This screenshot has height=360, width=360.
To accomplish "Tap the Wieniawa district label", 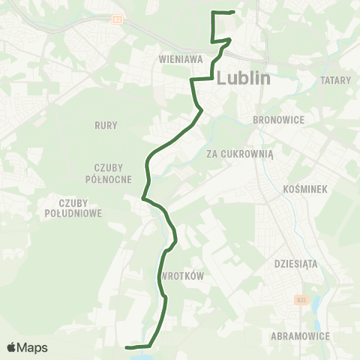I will tap(178, 57).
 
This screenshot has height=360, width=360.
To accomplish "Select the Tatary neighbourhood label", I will tap(334, 79).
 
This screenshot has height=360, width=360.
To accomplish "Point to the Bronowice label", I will tap(276, 119).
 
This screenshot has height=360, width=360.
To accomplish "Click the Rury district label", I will tap(106, 125).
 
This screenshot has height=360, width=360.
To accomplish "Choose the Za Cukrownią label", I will tap(240, 154).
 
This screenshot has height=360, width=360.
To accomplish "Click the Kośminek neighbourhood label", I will tap(302, 190).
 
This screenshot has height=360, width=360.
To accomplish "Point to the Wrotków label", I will tap(182, 276).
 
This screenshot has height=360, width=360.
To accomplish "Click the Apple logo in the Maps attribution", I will tap(11, 347).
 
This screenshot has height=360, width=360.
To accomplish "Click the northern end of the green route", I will tap(234, 13).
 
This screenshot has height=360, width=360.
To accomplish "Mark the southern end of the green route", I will tap(127, 347).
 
